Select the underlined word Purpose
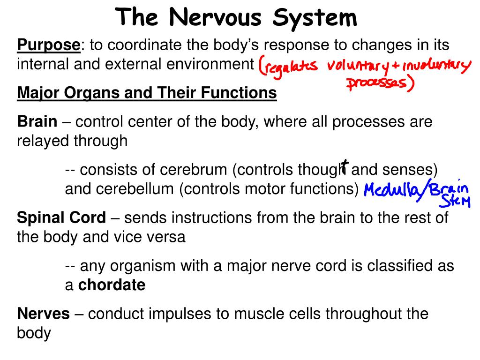[49, 45]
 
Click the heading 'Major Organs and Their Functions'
[147, 93]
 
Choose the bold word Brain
[37, 122]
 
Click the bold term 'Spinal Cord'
[61, 217]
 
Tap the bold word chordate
[112, 285]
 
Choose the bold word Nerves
[43, 314]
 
